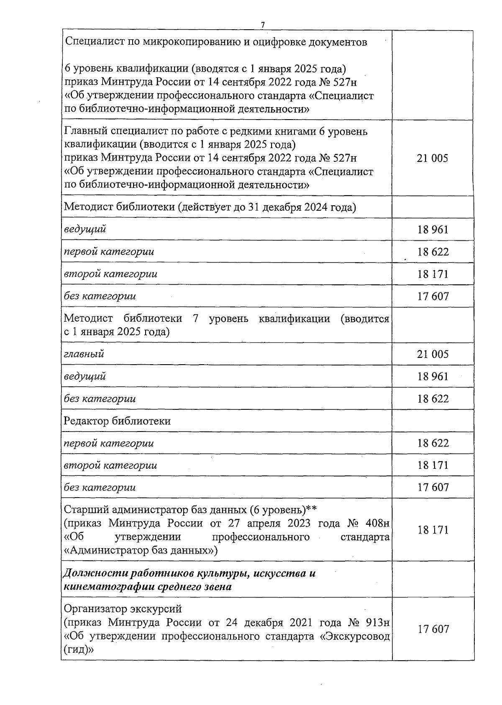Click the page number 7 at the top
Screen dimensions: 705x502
coord(263,26)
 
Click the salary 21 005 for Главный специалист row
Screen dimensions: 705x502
coord(432,158)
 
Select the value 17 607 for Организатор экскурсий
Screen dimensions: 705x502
coord(433,629)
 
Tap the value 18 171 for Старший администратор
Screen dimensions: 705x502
coord(433,530)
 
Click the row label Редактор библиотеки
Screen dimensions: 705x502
coord(117,421)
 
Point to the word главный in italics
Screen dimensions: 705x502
coord(84,354)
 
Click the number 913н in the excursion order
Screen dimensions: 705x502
coord(378,623)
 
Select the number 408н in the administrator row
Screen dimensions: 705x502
coord(377,524)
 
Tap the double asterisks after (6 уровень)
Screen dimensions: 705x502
coord(311,510)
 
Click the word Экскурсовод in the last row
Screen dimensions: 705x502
coord(360,636)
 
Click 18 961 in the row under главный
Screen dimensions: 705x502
coord(433,376)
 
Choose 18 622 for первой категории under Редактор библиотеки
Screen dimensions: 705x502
coord(433,443)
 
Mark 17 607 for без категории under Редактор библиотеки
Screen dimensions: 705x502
coord(433,488)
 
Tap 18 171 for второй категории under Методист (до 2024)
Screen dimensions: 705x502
coord(433,274)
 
